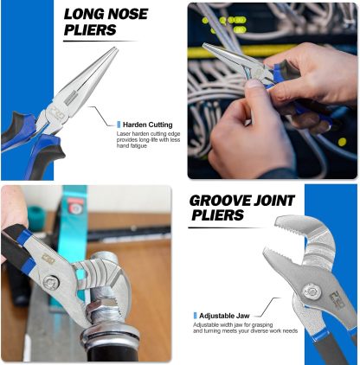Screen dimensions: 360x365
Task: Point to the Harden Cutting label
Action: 148,125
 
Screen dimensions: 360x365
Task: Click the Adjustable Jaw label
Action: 224,316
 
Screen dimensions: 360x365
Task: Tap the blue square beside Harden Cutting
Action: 119,125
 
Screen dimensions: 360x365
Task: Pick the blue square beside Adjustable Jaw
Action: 195,316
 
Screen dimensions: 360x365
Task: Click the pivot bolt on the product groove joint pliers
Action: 312,291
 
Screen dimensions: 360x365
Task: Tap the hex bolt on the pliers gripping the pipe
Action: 51,283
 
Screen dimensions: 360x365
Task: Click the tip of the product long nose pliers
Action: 115,48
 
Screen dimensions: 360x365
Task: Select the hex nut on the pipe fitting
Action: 102,307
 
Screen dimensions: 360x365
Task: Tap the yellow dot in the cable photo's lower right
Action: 342,142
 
